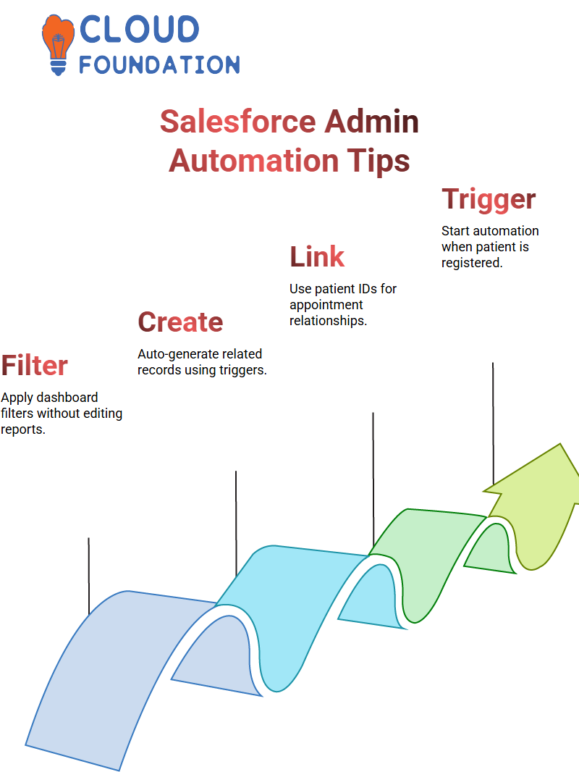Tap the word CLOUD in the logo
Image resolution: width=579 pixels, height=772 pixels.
coord(139,29)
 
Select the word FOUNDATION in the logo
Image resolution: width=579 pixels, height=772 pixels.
coord(159,64)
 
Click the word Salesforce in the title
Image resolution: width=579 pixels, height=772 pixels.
coord(237,122)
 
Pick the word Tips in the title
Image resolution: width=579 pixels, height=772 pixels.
coord(379,161)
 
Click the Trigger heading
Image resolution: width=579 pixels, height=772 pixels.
coord(489,199)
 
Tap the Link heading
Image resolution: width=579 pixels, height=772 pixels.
coord(317,256)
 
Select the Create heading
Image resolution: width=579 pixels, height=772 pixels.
coord(180,322)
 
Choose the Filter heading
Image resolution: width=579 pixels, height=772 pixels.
coord(35,365)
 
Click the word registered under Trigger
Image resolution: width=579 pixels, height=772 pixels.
coord(472,263)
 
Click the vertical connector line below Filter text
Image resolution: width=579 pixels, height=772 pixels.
coord(88,576)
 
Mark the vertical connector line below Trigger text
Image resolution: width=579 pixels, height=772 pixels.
coord(493,424)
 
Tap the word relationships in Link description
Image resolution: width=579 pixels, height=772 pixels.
coord(328,321)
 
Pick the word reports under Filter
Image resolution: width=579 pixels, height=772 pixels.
coord(22,430)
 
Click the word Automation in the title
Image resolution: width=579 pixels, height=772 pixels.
coord(254,161)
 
